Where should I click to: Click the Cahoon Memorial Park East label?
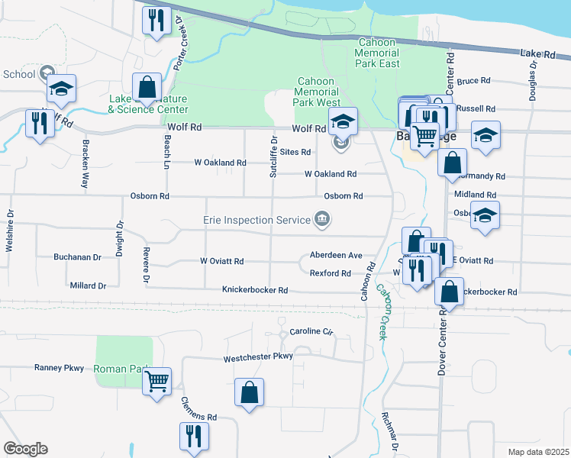[x=377, y=53]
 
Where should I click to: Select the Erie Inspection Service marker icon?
[x=322, y=220]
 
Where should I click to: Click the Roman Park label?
[x=119, y=369]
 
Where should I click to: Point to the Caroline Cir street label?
[x=311, y=332]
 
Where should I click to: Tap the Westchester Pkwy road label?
[x=258, y=356]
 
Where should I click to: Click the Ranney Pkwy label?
[x=59, y=368]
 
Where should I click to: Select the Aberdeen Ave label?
[x=335, y=255]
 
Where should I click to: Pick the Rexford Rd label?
[x=330, y=273]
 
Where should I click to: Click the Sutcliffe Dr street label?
[x=273, y=156]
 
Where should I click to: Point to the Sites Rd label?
[x=295, y=152]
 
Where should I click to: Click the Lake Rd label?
[x=538, y=54]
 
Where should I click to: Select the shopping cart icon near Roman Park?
[x=156, y=380]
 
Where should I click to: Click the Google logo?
[x=25, y=448]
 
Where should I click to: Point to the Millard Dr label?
[x=87, y=285]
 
